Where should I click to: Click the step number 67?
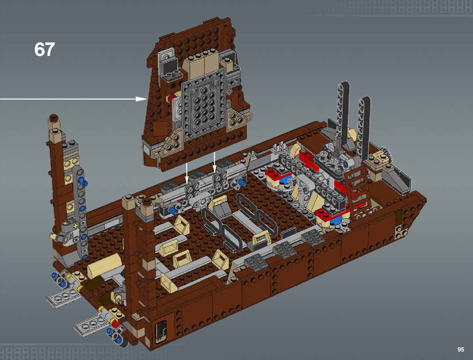coord(44,49)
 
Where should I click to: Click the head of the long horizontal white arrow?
coord(141,99)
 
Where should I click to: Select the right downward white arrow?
coord(214,162)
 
